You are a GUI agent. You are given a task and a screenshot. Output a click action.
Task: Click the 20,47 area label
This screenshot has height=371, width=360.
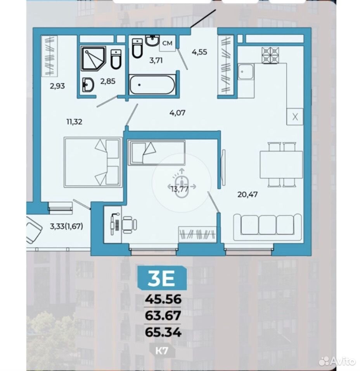pos(247,195)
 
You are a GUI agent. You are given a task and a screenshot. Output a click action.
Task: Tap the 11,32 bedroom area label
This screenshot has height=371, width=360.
pos(74,122)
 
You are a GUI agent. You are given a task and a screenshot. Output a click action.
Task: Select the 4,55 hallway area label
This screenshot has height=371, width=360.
pos(199,52)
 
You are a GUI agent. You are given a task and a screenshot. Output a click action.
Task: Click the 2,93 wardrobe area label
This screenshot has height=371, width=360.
pos(57,86)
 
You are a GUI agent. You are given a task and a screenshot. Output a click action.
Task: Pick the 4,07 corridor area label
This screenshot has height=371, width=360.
pos(177,113)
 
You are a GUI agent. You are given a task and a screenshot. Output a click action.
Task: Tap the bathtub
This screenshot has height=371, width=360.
pos(152,85)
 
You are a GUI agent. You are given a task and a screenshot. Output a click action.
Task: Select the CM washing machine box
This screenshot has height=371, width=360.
pos(167,43)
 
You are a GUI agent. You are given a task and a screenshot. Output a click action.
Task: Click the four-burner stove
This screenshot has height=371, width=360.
pos(270,55)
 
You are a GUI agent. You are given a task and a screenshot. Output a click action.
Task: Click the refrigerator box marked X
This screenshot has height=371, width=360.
pos(295,117)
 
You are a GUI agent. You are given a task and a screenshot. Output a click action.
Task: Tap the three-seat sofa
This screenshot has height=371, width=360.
pos(267,227)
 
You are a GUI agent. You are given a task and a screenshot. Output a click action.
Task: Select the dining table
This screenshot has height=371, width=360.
pos(281,165)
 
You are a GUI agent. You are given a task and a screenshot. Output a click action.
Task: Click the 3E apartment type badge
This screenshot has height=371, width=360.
pos(162,278)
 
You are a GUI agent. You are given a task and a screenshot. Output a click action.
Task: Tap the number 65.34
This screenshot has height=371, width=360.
pos(163,332)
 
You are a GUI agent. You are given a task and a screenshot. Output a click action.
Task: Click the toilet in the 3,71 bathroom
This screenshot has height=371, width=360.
pos(137,48)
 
